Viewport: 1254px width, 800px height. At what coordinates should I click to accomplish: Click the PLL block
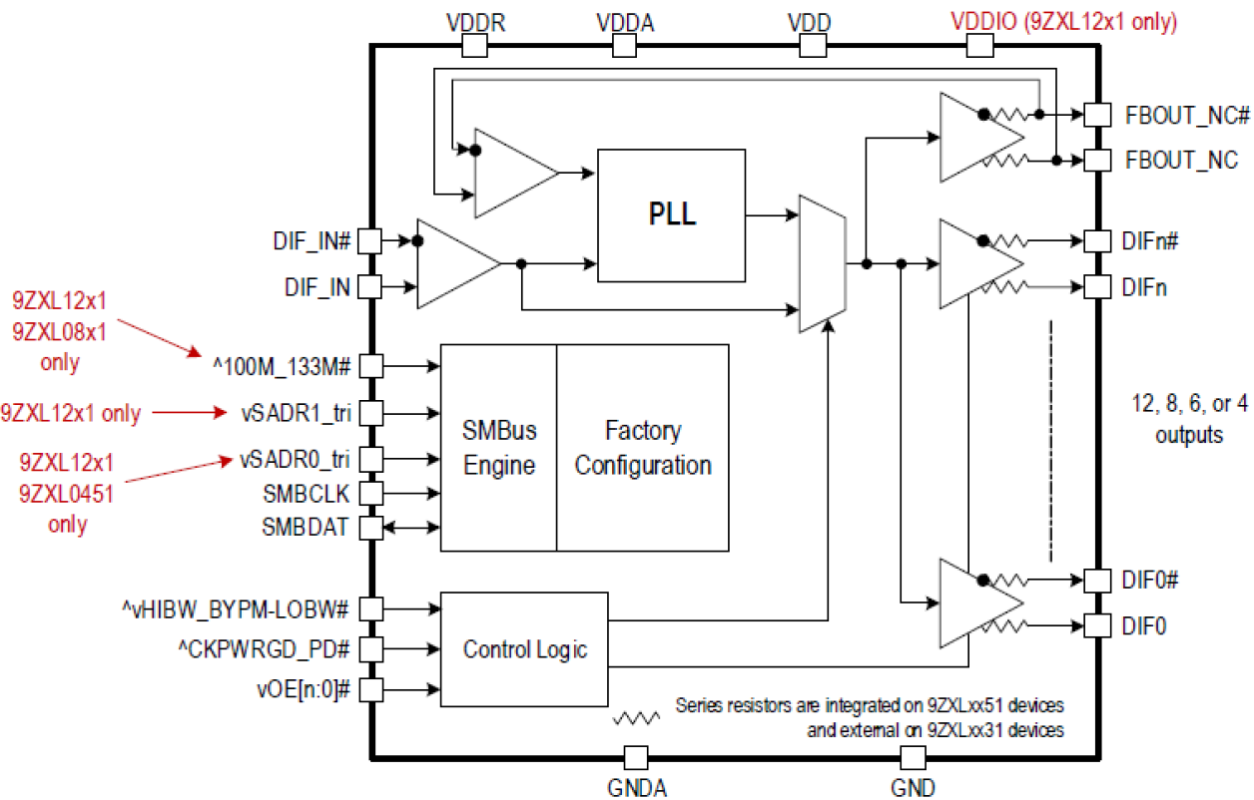(671, 215)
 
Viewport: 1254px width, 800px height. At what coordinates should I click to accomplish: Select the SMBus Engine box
(498, 448)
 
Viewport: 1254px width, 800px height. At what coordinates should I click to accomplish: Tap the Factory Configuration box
(643, 448)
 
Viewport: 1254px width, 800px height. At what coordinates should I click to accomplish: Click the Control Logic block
(524, 649)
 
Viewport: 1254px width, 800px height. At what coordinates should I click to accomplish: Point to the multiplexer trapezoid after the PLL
(823, 264)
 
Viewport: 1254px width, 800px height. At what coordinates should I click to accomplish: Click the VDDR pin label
(475, 22)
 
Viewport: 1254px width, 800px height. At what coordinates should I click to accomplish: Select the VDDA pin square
(625, 45)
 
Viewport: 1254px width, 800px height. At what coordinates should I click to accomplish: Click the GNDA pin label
(636, 787)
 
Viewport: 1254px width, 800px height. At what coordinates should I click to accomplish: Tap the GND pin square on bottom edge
(914, 757)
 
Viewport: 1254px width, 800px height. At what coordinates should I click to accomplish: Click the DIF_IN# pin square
(370, 240)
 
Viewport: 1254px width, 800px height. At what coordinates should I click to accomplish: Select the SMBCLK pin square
(370, 494)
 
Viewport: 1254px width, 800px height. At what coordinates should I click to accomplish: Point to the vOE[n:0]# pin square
(370, 689)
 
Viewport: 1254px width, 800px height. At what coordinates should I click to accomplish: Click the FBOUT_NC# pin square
(1097, 115)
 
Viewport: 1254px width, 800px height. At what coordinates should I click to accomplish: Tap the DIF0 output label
(1145, 626)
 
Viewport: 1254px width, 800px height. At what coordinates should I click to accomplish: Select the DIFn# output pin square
(1097, 240)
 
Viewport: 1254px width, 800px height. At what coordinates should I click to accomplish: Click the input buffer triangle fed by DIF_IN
(454, 263)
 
